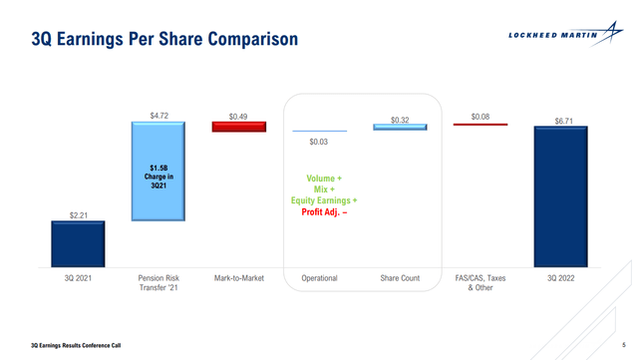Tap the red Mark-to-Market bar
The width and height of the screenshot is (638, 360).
coord(238,127)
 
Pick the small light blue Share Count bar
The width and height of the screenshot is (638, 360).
coord(399,127)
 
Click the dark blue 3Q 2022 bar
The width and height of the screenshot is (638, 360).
coord(559,196)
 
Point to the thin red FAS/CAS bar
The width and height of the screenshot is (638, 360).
coord(479,125)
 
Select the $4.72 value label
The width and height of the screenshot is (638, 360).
coord(158,115)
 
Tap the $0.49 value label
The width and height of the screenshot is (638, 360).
coord(238,115)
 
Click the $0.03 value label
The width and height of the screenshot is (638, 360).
coord(318,143)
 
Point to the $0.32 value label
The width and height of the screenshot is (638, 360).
coord(399,120)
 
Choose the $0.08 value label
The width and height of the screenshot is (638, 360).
coord(479,116)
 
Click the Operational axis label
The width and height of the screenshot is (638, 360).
coord(318,278)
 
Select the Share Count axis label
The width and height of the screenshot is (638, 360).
coord(399,278)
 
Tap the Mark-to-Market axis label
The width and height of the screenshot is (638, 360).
coord(238,278)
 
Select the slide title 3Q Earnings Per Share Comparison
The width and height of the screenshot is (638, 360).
coord(164,40)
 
